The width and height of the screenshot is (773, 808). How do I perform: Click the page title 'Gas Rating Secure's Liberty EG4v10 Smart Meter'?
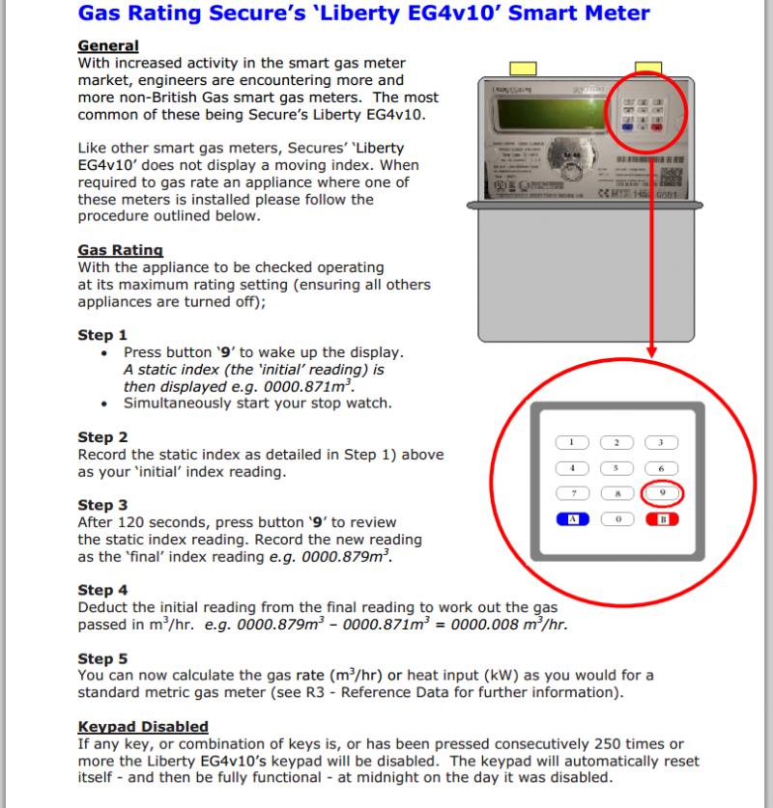363,14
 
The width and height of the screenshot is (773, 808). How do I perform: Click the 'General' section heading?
107,46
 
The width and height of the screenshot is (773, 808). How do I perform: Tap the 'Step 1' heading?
101,336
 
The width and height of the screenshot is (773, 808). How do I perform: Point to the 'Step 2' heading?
101,437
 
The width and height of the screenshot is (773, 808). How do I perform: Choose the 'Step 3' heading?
101,505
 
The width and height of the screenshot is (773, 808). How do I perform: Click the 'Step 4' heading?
101,590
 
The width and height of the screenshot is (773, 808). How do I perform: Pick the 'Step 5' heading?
101,658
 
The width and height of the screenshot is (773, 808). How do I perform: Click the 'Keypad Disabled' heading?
142,726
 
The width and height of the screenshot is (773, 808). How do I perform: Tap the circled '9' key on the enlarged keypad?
661,492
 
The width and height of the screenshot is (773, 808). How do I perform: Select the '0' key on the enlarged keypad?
616,518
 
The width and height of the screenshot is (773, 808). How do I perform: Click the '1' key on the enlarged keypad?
571,442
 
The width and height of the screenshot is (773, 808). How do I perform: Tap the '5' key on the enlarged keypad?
616,467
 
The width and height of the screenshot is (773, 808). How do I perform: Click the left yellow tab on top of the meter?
523,69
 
